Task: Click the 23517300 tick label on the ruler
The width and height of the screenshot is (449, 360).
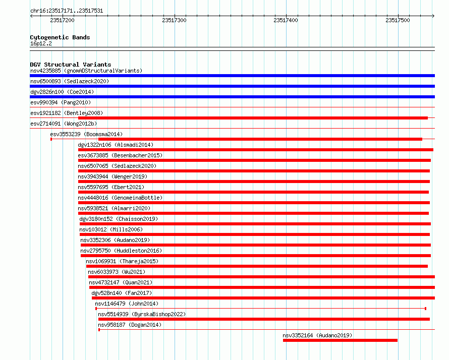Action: [x=174, y=20]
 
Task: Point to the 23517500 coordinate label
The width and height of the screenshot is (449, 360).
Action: [x=398, y=20]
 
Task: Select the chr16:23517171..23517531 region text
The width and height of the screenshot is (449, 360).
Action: [x=67, y=11]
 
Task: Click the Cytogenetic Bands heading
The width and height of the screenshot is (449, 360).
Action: [x=60, y=37]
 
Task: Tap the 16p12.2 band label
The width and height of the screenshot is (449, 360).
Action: [x=41, y=43]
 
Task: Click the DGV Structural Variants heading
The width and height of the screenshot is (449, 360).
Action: [x=71, y=65]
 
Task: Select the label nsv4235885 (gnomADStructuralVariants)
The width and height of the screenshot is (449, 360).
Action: [x=86, y=71]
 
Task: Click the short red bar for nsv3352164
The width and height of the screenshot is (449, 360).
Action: [x=340, y=340]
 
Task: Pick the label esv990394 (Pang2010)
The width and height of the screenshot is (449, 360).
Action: [x=61, y=102]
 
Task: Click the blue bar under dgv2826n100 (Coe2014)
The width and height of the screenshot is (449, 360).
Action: [x=232, y=97]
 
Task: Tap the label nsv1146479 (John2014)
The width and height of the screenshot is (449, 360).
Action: [x=127, y=304]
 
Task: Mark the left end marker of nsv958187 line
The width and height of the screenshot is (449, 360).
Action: [x=99, y=330]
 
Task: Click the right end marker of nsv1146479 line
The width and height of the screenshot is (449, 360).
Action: [x=425, y=309]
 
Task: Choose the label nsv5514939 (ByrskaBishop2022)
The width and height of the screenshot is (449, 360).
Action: [x=142, y=314]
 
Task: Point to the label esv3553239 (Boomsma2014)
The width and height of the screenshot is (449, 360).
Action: [x=86, y=134]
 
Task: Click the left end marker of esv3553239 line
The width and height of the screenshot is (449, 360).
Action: [x=51, y=139]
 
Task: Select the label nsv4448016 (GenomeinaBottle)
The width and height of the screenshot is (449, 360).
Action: [x=120, y=198]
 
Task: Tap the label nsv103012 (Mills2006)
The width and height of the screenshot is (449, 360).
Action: [x=111, y=229]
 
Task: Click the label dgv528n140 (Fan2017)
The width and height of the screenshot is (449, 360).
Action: [x=122, y=293]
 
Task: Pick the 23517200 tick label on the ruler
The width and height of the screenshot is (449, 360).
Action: [x=62, y=20]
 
